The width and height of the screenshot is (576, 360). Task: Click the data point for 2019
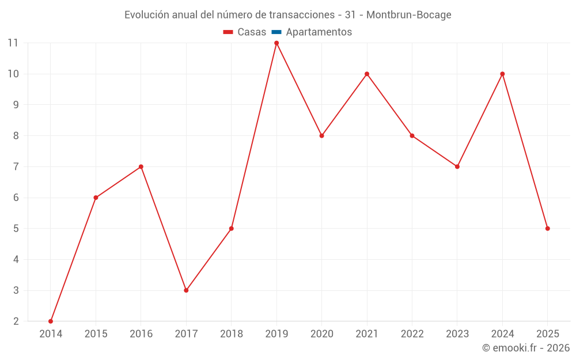click(276, 43)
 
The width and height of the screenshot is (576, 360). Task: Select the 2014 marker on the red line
click(51, 321)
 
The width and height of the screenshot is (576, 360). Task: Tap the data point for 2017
click(186, 290)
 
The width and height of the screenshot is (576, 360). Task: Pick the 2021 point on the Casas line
click(367, 74)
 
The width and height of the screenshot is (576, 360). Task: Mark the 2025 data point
click(548, 229)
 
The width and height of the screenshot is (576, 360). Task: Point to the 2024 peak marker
click(502, 74)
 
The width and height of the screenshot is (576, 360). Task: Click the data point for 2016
click(141, 166)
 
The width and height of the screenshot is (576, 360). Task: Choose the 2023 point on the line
click(457, 166)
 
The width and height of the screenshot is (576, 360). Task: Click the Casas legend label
click(252, 32)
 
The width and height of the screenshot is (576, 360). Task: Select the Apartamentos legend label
click(319, 32)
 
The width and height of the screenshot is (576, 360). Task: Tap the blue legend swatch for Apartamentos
click(276, 32)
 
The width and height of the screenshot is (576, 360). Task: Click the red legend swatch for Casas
click(228, 32)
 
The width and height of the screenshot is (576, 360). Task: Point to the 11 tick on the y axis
click(13, 43)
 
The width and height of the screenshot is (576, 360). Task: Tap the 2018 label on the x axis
click(232, 334)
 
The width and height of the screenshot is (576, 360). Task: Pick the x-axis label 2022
click(412, 334)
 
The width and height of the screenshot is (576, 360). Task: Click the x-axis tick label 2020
click(322, 334)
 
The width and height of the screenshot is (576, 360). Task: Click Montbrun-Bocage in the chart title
click(409, 15)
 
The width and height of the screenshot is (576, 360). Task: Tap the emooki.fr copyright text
click(526, 348)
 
